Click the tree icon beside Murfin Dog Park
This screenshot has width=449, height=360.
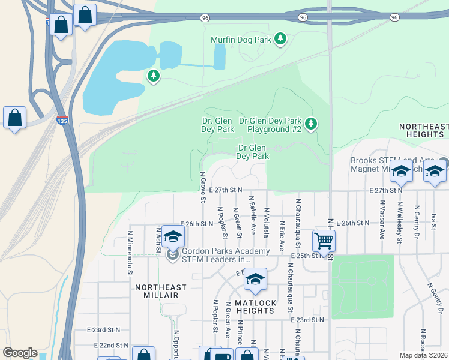click(280, 40)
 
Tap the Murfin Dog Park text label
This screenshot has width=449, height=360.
click(241, 40)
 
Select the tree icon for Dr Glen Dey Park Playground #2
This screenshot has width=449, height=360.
click(310, 124)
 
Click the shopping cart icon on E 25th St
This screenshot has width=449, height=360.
click(324, 241)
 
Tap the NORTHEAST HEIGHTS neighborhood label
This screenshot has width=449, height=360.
click(424, 130)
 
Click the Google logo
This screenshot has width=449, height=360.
click(20, 353)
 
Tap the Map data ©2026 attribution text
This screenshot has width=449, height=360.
click(423, 355)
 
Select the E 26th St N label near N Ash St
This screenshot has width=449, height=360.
click(196, 224)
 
